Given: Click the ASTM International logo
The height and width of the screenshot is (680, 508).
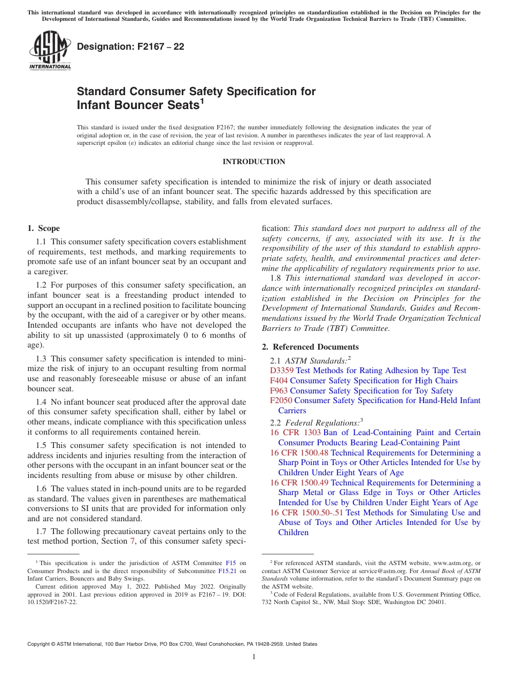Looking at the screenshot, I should [x=50, y=50].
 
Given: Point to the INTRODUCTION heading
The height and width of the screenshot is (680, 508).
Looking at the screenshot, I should [x=253, y=161].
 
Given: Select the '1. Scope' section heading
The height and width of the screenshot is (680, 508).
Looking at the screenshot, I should [x=44, y=228].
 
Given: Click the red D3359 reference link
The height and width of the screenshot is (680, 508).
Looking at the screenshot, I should [x=282, y=370].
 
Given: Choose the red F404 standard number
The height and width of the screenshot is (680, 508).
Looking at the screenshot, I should [x=279, y=381].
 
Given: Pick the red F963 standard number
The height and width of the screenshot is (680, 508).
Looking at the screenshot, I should [x=279, y=391].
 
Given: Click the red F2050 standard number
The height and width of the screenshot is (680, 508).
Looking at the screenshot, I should [x=281, y=400].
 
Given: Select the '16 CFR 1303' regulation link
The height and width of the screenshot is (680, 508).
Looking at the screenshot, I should [x=295, y=432].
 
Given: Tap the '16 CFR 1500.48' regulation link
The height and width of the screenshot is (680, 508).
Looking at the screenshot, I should [x=299, y=453].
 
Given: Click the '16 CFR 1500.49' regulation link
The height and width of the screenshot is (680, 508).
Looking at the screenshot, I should [x=299, y=483].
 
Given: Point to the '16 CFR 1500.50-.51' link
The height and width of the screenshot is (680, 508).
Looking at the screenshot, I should [x=307, y=513].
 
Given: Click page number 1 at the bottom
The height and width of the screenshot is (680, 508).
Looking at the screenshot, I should [x=254, y=657].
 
